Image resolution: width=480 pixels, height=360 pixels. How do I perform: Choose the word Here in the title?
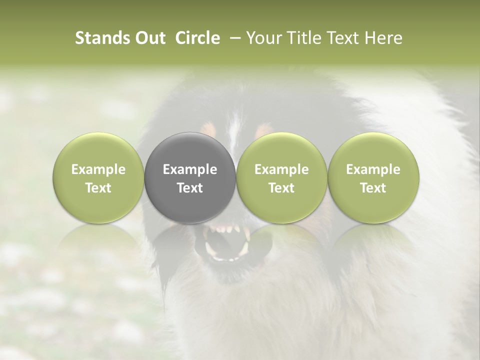tap(383, 38)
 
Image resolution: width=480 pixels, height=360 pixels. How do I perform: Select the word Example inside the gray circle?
tap(190, 169)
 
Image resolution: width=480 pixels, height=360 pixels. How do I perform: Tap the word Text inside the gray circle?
tap(190, 188)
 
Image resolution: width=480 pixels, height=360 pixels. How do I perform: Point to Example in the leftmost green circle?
tap(98, 169)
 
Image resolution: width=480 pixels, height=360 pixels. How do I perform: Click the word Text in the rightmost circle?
tap(373, 188)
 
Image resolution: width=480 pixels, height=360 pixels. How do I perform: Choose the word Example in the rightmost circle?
tap(373, 169)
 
